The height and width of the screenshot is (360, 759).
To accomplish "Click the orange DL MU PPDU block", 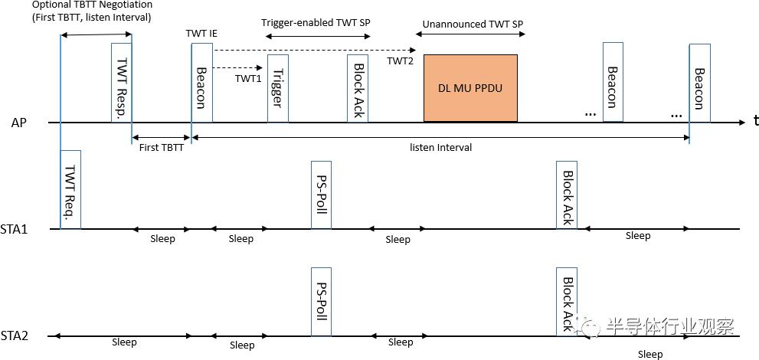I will (470, 87).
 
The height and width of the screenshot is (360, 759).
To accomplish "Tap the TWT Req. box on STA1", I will (70, 189).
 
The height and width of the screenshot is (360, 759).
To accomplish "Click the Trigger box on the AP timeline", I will (277, 88).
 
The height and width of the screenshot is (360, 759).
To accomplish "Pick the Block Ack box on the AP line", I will (357, 88).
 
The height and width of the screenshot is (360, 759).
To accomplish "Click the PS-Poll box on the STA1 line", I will (321, 195).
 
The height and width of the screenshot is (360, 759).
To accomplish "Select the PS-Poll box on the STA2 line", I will (321, 302).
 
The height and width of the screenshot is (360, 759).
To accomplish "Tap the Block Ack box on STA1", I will (567, 195).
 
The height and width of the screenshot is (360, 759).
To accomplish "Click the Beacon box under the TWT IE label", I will (201, 83).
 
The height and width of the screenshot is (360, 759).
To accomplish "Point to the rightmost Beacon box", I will (699, 83).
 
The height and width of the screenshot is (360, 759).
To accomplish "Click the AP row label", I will (20, 123).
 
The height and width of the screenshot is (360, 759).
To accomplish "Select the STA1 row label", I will (15, 229).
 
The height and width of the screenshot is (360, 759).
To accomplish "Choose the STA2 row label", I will (15, 335).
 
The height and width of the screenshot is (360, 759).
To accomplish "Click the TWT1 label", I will (248, 78).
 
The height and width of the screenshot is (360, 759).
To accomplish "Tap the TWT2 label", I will (400, 61).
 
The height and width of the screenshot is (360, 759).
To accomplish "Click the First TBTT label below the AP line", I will (161, 148).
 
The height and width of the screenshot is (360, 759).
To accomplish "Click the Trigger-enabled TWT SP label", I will (316, 22).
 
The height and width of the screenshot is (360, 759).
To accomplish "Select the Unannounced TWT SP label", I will (473, 24).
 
